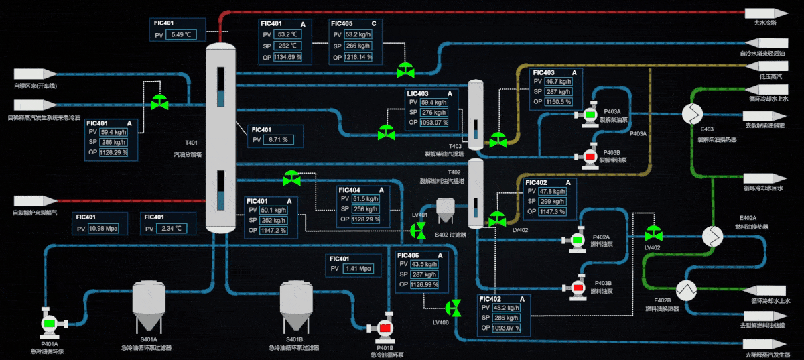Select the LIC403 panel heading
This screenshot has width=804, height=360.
point(417,93)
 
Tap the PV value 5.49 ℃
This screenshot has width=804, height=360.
point(181,34)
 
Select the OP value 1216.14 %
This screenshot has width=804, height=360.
point(358,57)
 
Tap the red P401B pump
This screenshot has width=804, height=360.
point(385,327)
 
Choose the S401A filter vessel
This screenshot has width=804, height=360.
point(149,306)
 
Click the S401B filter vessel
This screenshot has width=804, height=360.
point(295,306)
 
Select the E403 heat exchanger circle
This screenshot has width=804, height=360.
point(691,115)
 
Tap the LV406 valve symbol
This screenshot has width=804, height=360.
point(454,308)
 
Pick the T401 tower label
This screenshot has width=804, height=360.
point(192,143)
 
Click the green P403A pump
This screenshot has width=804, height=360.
point(590,115)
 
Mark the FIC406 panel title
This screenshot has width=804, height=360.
point(408,255)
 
